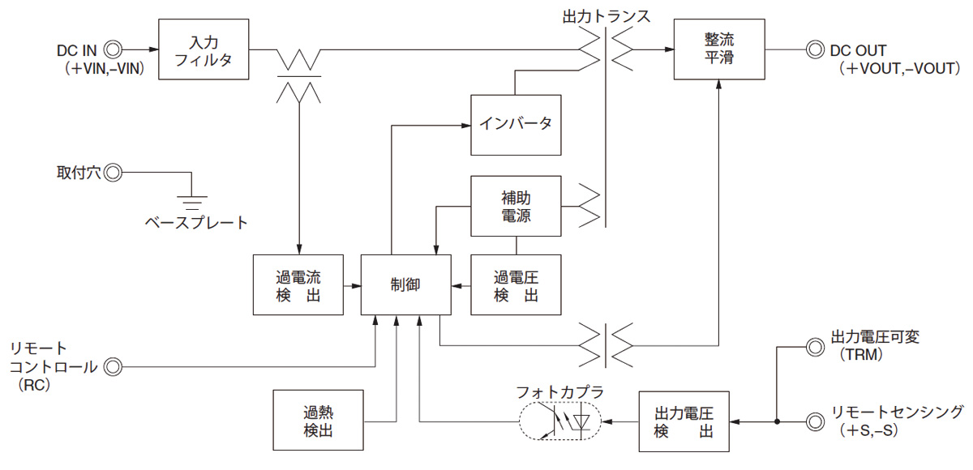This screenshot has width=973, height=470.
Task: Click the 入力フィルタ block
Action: pyautogui.click(x=203, y=49)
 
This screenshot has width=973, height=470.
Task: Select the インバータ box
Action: pyautogui.click(x=516, y=125)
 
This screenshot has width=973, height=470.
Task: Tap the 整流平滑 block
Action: pyautogui.click(x=719, y=49)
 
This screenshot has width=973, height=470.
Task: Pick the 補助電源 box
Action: pyautogui.click(x=516, y=207)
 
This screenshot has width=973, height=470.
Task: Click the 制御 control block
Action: pyautogui.click(x=405, y=285)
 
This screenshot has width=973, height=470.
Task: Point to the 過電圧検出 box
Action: pyautogui.click(x=516, y=285)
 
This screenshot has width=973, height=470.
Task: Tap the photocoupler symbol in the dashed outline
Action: pyautogui.click(x=560, y=421)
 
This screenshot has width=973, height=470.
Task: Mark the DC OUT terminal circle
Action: pyautogui.click(x=814, y=49)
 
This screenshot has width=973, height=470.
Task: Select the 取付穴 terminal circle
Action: pyautogui.click(x=113, y=173)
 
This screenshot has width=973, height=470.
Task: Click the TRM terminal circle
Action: pyautogui.click(x=814, y=347)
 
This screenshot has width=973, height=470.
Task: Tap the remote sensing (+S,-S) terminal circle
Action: pyautogui.click(x=814, y=421)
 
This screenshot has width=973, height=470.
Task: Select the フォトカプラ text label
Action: pyautogui.click(x=560, y=392)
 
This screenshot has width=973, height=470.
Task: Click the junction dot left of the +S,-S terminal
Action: pyautogui.click(x=777, y=421)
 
